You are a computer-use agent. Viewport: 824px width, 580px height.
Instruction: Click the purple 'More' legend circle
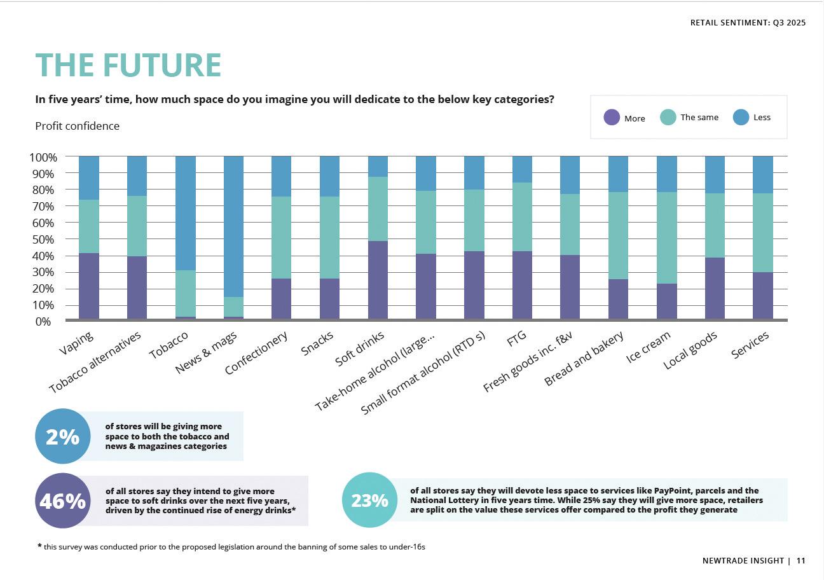click(x=612, y=118)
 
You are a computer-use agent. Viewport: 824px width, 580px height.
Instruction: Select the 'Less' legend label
click(x=762, y=117)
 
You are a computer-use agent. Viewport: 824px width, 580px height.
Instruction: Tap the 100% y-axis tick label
click(x=43, y=157)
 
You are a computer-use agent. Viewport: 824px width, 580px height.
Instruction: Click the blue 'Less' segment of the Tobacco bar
click(x=185, y=213)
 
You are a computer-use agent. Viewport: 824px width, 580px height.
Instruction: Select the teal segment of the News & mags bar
click(x=233, y=307)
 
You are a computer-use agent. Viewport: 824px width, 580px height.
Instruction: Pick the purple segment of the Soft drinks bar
click(x=378, y=280)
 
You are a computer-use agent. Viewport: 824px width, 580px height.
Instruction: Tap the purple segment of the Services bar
click(x=762, y=296)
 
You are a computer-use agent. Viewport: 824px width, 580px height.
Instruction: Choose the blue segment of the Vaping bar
click(x=89, y=178)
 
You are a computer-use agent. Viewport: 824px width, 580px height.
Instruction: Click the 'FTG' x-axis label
click(x=516, y=340)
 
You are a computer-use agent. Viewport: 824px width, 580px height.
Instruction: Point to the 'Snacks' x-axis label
click(x=317, y=344)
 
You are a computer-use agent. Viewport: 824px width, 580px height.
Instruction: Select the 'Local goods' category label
click(x=690, y=350)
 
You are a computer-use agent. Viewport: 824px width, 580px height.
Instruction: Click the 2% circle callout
click(x=62, y=437)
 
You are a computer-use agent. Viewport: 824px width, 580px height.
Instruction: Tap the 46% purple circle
click(x=62, y=501)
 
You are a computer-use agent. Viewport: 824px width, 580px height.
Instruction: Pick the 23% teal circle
click(x=369, y=501)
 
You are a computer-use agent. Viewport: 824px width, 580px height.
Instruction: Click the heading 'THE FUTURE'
click(x=128, y=65)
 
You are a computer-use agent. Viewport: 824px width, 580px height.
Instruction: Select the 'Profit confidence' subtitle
click(x=77, y=126)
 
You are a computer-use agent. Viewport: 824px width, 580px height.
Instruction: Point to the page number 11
click(x=800, y=561)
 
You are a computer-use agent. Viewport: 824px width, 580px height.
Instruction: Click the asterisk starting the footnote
click(x=39, y=546)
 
